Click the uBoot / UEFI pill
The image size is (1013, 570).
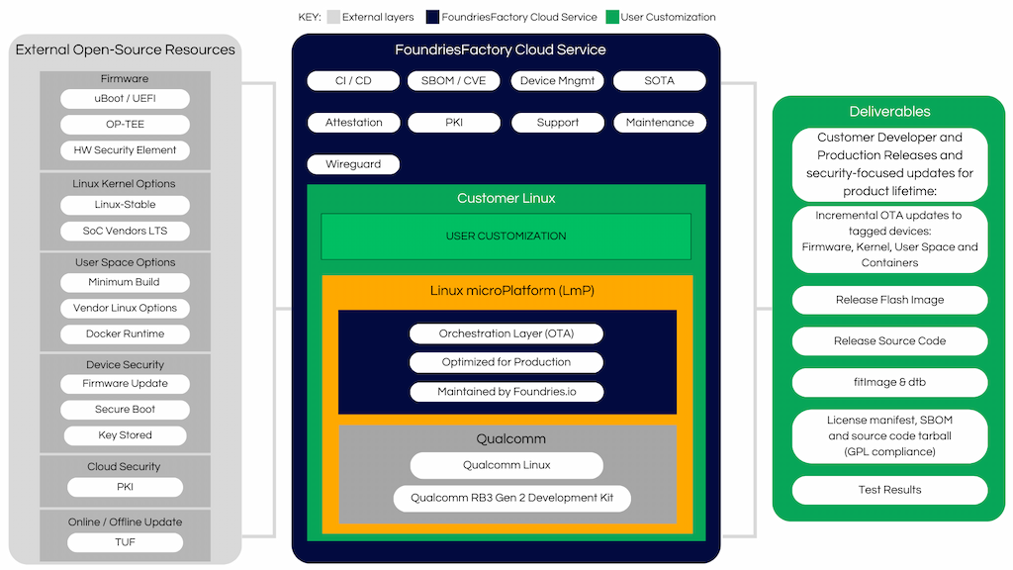point(125,99)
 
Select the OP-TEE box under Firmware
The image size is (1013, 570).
point(125,125)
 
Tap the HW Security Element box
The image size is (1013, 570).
point(125,150)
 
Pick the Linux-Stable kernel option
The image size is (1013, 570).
point(125,205)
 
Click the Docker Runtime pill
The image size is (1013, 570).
point(125,334)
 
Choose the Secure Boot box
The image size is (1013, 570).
point(125,410)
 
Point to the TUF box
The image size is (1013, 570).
point(125,542)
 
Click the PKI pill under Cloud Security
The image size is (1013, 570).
point(125,487)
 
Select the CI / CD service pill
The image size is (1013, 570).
point(353,81)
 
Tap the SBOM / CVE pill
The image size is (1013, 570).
point(455,81)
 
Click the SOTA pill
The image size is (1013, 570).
point(659,81)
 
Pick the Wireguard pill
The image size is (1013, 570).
point(353,164)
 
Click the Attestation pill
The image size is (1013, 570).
point(353,123)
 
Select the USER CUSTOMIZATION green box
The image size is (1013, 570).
point(506,237)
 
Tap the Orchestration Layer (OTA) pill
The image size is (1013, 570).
point(506,334)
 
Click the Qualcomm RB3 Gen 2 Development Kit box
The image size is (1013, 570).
point(511,498)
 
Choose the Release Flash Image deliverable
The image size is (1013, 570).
point(889,300)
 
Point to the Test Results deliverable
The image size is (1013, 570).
point(889,490)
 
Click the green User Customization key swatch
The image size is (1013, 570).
point(611,17)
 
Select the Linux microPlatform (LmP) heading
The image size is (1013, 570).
point(506,291)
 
